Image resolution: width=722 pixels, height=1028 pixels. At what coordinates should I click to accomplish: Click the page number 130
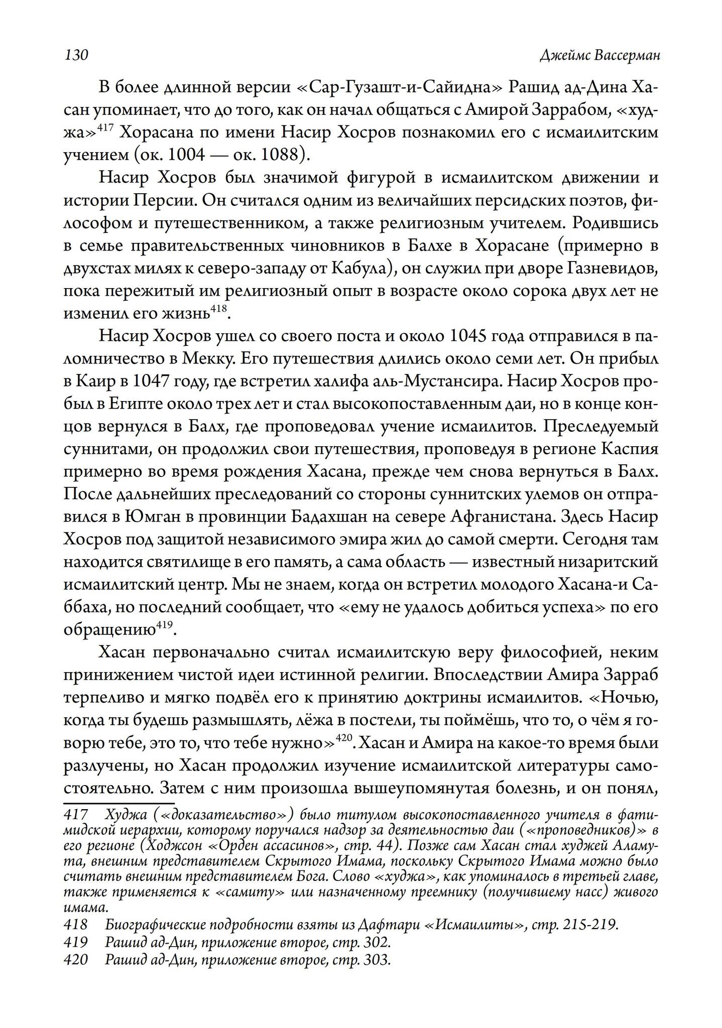76,55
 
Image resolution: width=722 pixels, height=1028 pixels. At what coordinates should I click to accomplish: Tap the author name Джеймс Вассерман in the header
599,55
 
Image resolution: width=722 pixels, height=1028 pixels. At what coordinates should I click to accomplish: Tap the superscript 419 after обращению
164,625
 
